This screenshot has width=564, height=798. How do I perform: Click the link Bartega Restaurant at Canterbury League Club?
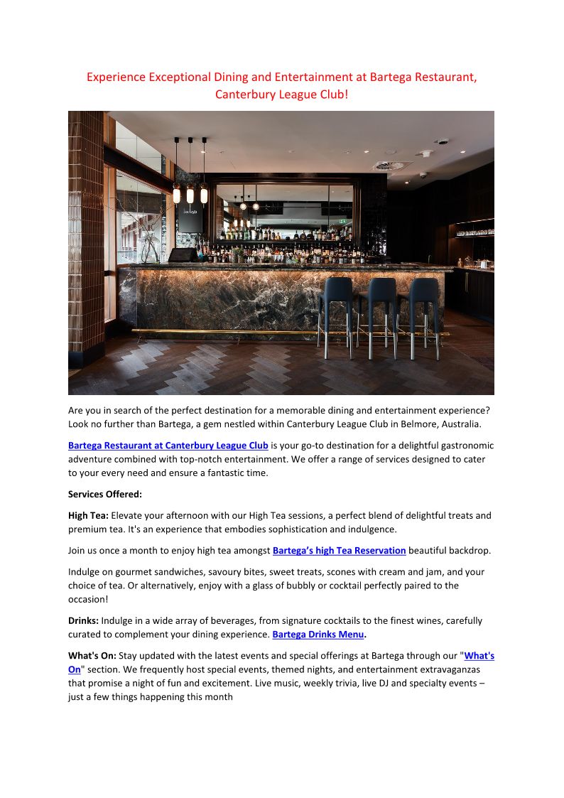tap(168, 446)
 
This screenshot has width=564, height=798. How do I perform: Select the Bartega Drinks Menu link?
tap(318, 634)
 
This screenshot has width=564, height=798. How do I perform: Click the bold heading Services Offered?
tap(105, 494)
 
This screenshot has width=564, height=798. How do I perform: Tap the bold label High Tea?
tap(88, 515)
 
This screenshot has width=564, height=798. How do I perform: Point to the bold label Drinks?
tap(85, 620)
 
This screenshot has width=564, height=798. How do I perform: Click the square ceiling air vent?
tap(392, 166)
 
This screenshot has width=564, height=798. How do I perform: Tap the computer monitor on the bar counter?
tap(182, 255)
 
